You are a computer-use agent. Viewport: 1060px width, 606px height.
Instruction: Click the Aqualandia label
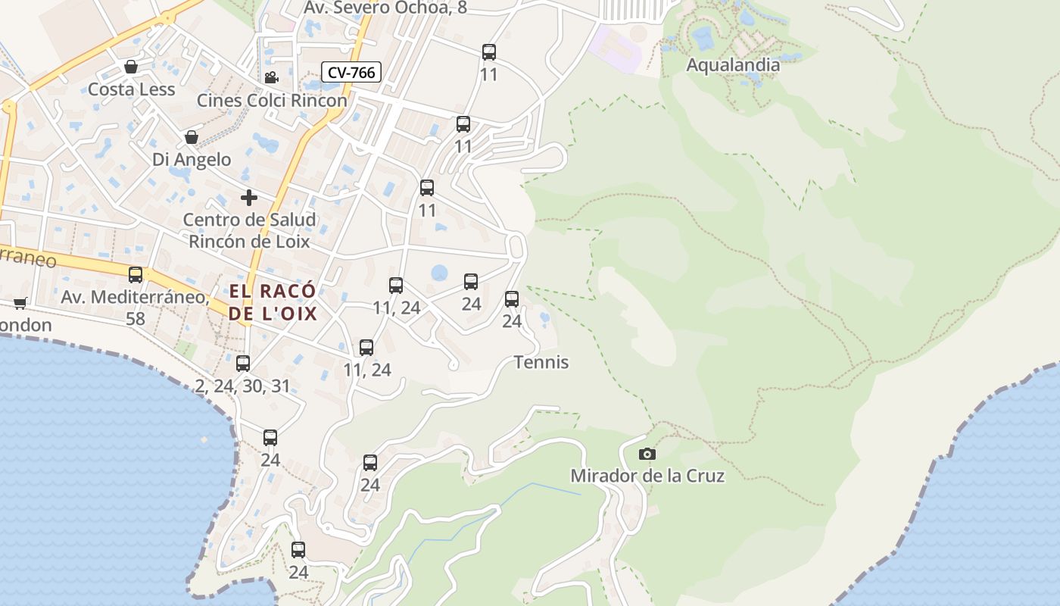tap(732, 65)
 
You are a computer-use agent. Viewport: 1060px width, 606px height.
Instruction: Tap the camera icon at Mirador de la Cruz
tap(647, 454)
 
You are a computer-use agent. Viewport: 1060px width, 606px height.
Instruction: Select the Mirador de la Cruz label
tap(647, 476)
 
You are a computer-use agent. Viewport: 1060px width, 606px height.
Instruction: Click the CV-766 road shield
tap(351, 73)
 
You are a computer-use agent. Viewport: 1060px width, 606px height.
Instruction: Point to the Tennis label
tap(541, 362)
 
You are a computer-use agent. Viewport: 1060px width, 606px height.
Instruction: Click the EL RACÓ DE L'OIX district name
tap(273, 302)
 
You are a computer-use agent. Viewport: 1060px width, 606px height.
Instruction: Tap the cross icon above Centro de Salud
tap(249, 198)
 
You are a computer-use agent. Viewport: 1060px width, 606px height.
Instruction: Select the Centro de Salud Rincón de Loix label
tap(249, 231)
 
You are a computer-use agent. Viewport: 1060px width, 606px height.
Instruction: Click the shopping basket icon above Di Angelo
tap(192, 137)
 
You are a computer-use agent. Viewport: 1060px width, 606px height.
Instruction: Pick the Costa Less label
tap(131, 89)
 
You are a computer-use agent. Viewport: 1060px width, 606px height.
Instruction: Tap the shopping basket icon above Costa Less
tap(130, 67)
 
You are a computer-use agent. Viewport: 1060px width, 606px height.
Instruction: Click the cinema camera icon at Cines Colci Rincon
tap(271, 77)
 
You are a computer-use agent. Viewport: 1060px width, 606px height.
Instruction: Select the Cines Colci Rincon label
tap(272, 100)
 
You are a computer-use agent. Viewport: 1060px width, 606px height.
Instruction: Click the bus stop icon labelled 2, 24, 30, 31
tap(242, 364)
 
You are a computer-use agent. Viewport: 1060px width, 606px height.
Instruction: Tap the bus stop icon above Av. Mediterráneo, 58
tap(136, 275)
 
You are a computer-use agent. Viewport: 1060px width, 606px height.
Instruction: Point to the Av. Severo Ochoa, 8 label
tap(385, 8)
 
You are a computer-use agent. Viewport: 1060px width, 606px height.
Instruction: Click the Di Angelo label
tap(192, 160)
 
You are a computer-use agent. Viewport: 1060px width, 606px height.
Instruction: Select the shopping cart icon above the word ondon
tap(20, 303)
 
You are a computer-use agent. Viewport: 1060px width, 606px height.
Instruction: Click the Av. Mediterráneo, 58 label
tap(136, 307)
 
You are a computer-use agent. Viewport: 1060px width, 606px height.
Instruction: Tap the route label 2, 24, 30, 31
tap(242, 386)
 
